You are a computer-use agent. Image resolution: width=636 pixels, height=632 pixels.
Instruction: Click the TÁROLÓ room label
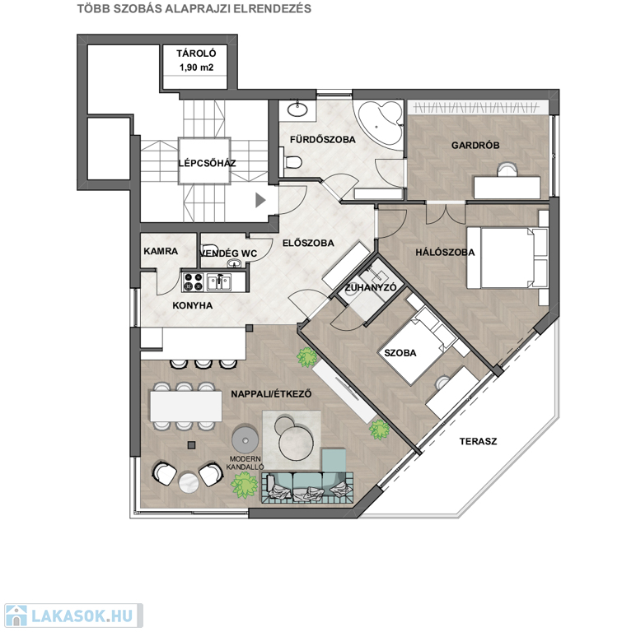[x=196, y=53]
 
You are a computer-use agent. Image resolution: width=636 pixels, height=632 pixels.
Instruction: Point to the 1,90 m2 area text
[x=196, y=67]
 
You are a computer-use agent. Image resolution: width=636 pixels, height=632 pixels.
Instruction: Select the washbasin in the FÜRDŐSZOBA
[x=298, y=109]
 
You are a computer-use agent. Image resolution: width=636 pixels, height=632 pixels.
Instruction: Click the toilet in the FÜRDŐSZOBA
[x=292, y=162]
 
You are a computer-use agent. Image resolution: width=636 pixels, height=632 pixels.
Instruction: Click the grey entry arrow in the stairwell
[x=260, y=200]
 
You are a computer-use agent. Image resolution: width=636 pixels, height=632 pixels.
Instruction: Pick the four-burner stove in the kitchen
[x=193, y=282]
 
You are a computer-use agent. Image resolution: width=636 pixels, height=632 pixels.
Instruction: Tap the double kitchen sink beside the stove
[x=218, y=282]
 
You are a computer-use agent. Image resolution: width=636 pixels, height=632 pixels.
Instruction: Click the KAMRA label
[x=161, y=251]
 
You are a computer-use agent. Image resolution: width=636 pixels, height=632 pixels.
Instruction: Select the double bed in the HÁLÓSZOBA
[x=507, y=258]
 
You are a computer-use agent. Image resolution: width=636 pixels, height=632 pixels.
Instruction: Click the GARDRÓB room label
[x=475, y=145]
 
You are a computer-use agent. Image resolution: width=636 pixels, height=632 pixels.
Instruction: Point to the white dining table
[x=185, y=406]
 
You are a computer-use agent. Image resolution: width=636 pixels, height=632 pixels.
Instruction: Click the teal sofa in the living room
[x=307, y=482]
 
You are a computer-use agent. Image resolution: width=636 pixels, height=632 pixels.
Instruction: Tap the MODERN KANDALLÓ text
[x=245, y=463]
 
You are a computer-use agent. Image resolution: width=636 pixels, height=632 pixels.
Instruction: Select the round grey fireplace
[x=245, y=439]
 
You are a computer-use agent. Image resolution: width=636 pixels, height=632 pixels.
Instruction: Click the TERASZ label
[x=478, y=441]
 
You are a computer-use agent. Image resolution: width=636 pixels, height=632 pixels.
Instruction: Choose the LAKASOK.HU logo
[x=73, y=616]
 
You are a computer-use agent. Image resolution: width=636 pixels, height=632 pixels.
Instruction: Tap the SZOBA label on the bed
[x=400, y=353]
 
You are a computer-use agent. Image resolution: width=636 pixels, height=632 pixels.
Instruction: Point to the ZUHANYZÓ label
[x=371, y=288]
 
